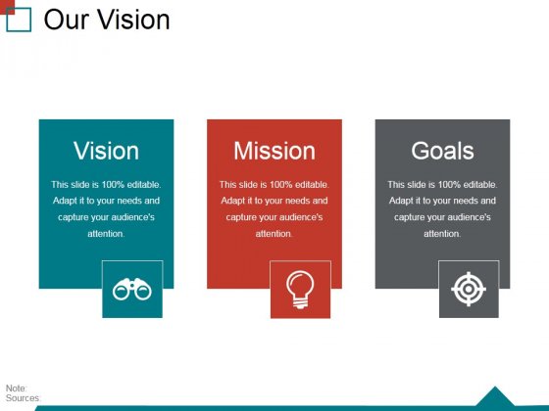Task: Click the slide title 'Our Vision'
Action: point(107,20)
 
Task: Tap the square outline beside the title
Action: point(20,20)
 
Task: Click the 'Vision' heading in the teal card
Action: point(106,151)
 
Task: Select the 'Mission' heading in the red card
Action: point(274,151)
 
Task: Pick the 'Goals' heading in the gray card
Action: point(442,151)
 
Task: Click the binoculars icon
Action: point(132,289)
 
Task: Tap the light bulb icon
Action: point(300,289)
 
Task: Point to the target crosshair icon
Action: point(469,290)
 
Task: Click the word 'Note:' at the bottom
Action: point(17,388)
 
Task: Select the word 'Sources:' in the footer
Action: point(23,398)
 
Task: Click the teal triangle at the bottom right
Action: point(495,397)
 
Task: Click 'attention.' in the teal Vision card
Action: point(106,234)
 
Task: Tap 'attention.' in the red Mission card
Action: point(274,234)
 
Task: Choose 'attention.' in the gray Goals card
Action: point(442,234)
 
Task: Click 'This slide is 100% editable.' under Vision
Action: point(106,184)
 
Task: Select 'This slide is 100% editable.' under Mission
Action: point(274,184)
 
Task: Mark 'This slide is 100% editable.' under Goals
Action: point(442,184)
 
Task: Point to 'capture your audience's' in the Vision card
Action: point(106,217)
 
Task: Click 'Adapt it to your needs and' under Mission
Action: point(274,201)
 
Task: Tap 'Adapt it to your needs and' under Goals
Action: point(442,201)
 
